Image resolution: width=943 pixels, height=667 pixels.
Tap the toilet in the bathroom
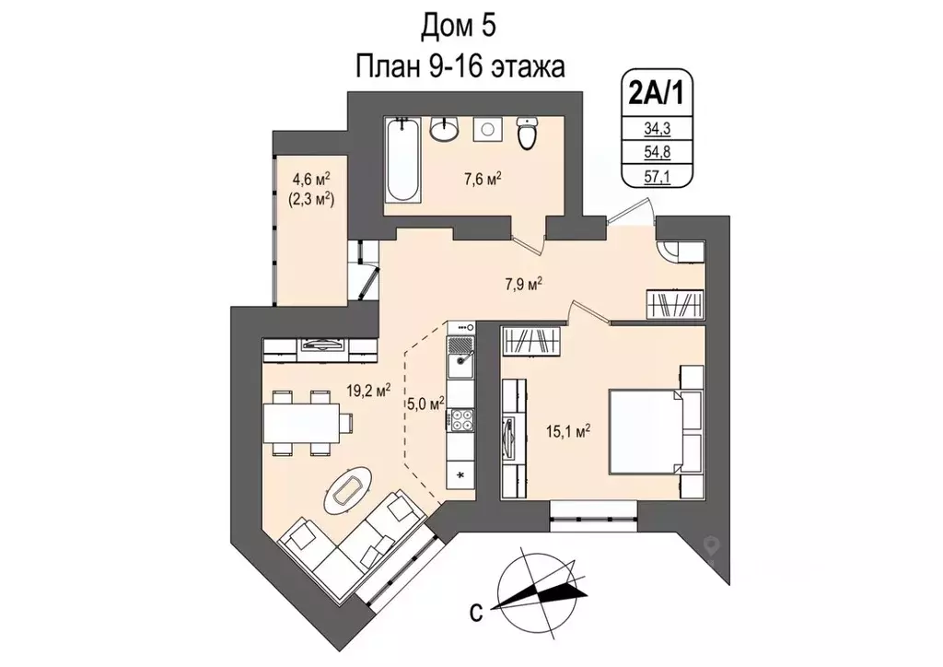(x=527, y=134)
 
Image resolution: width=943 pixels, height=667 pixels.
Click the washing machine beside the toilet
(x=486, y=130)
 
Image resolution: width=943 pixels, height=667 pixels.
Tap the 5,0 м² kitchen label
(x=425, y=402)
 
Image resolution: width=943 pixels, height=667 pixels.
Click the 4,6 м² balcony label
(x=311, y=179)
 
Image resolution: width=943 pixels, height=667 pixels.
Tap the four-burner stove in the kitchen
(x=460, y=420)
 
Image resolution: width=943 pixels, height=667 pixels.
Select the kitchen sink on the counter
(x=460, y=365)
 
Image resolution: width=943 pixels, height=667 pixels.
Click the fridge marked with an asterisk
(x=460, y=474)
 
